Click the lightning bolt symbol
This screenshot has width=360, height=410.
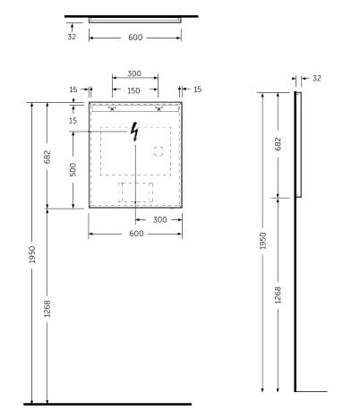pos(135,132)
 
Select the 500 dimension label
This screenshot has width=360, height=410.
pos(73,169)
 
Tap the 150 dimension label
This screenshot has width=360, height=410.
pos(133,90)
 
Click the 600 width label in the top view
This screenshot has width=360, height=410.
pos(135,38)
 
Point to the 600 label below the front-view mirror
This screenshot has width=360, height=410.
pos(136,234)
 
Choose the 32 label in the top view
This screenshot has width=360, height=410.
pos(72,37)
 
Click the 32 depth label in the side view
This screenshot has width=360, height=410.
pos(317,78)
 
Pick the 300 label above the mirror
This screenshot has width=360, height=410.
pos(134,73)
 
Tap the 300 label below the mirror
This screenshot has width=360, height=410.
pos(159,220)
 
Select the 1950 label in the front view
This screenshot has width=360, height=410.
pos(32,254)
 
